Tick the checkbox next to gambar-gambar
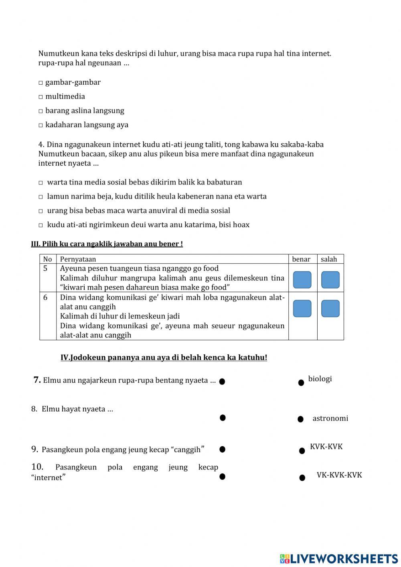coord(41,83)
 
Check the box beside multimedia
coord(41,97)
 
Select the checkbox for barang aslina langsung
coord(41,111)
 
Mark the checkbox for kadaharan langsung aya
coord(41,126)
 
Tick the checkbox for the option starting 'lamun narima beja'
coord(41,197)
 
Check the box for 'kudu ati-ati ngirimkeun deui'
coord(41,226)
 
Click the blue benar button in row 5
coord(302,280)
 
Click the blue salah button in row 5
coord(330,280)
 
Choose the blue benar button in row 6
coord(302,309)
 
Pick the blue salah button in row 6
coord(330,309)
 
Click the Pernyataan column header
coord(78,259)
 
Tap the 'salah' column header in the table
coord(329,259)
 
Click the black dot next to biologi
coord(301,383)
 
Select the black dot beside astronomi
coord(300,419)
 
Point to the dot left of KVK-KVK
coord(302,451)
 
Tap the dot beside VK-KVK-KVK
coord(302,478)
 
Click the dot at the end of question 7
coord(222,382)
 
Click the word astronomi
coord(330,418)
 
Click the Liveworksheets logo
coord(338,559)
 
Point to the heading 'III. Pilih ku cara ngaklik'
coord(107,244)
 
